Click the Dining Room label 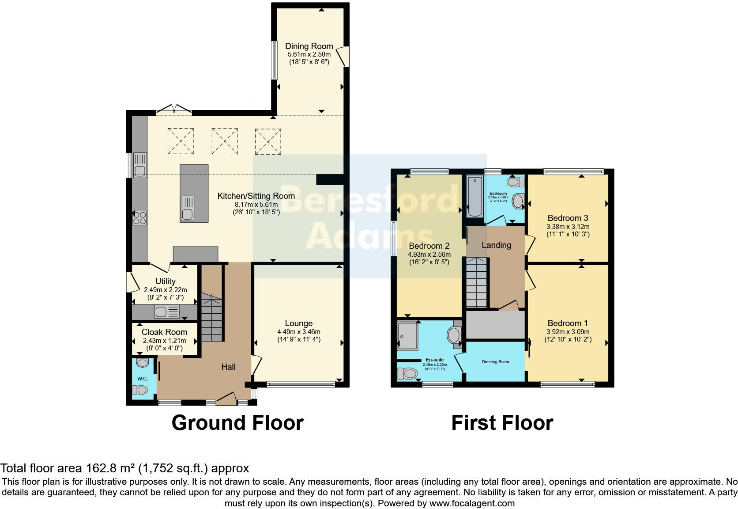(x=309, y=46)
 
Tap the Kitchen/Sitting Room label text (x=256, y=196)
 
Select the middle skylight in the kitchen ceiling (x=225, y=141)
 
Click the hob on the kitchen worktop (x=140, y=218)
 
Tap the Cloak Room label (x=164, y=332)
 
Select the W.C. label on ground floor (x=142, y=379)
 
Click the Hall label (x=228, y=367)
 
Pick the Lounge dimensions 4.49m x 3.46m (x=299, y=332)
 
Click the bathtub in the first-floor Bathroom (x=475, y=197)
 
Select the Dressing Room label (x=495, y=362)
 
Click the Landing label (x=496, y=245)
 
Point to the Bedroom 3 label (x=568, y=218)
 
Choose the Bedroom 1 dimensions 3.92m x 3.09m (x=568, y=332)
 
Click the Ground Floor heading (x=237, y=423)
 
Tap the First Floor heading (x=502, y=423)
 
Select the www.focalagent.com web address (x=472, y=503)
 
